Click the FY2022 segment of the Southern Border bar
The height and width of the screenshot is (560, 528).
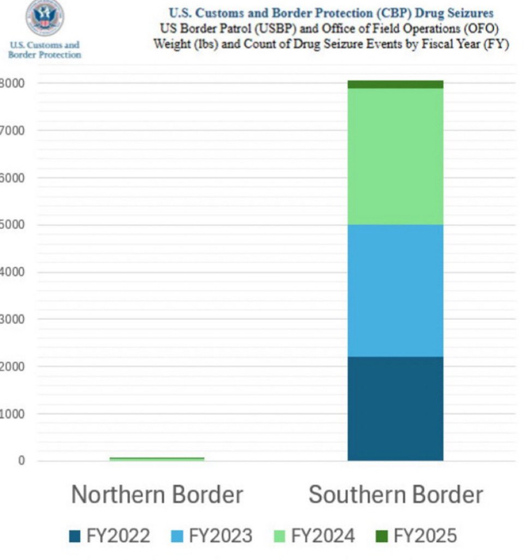tap(395, 408)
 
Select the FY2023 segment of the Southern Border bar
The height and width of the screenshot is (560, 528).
tap(395, 291)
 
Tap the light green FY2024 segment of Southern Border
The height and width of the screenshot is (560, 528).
tap(395, 156)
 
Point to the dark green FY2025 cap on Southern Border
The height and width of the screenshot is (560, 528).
tap(395, 84)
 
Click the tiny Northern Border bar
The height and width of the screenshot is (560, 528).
tap(156, 458)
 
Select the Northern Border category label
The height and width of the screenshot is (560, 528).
tap(157, 494)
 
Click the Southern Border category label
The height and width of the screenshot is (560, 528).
tap(395, 494)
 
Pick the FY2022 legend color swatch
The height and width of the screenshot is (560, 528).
tap(75, 536)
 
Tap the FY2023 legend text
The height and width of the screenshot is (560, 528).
tap(220, 536)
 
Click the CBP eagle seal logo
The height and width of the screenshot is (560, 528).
tap(45, 18)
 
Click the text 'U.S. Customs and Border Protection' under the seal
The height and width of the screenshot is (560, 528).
tap(45, 50)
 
